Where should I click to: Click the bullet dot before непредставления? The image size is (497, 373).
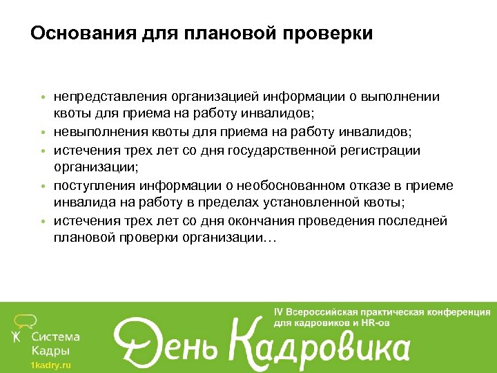point(43,98)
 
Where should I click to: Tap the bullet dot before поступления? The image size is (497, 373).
point(43,186)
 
